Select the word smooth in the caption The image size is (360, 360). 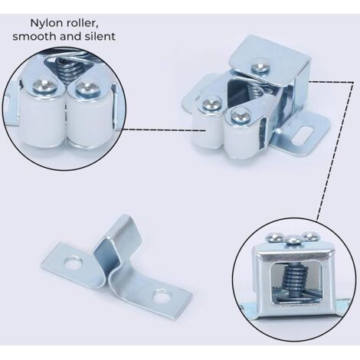pos(28,36)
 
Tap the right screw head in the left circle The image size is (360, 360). pos(87,88)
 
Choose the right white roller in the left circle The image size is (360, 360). pos(87,122)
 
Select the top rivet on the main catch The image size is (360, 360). pos(260,67)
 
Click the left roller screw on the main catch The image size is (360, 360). pos(211,104)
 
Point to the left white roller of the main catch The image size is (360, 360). pos(205,132)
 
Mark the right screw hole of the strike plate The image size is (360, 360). pos(162,296)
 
